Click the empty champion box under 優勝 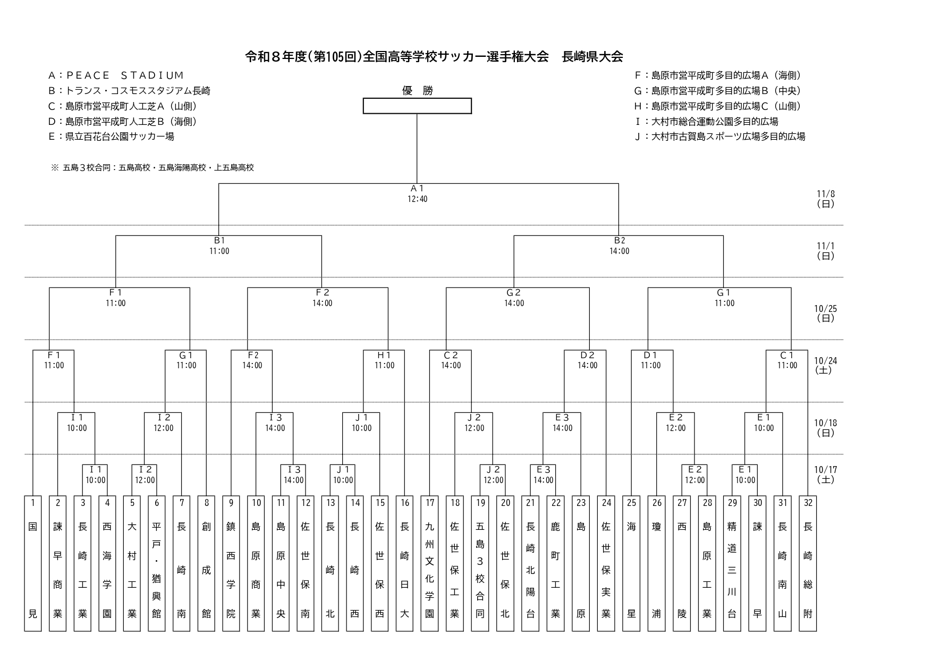coord(417,106)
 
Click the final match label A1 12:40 coord(417,193)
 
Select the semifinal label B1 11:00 coord(219,246)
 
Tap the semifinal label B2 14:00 coord(619,246)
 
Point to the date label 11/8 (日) coord(825,199)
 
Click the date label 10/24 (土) coord(825,365)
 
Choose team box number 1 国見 coord(33,563)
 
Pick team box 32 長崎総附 coord(808,563)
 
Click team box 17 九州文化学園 coord(429,563)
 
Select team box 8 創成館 coord(206,563)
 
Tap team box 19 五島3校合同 coord(479,563)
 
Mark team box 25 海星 coord(631,563)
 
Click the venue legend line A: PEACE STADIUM coord(116,75)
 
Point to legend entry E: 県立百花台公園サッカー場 coord(111,137)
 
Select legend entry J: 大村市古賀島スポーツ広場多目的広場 coord(720,137)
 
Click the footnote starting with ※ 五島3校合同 coord(152,167)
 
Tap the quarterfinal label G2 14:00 coord(514,298)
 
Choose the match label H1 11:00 coord(384,360)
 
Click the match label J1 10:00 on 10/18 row coord(361,423)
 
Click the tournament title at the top coord(434,56)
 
